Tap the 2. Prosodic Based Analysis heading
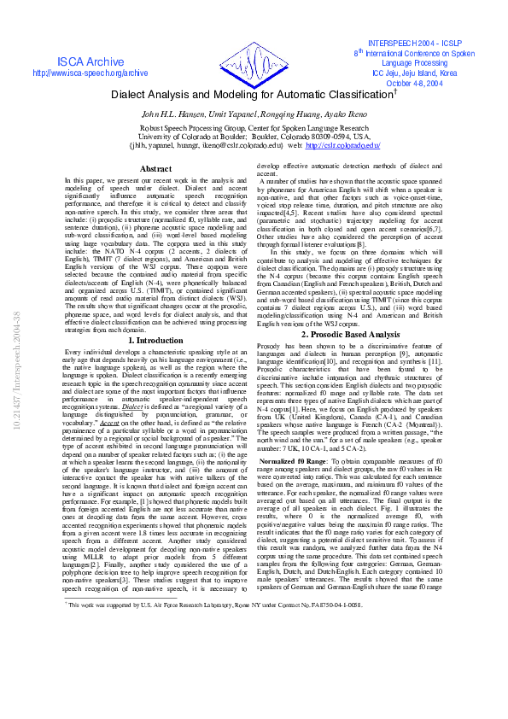click(x=350, y=335)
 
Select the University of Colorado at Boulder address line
click(x=254, y=136)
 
